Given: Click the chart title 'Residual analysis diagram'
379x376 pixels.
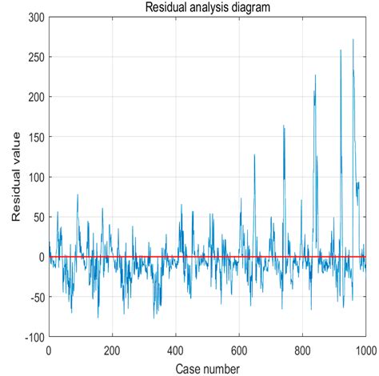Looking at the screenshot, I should tap(207, 7).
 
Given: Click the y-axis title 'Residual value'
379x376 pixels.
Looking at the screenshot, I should tap(17, 177).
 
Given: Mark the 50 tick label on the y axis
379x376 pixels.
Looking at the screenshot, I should tap(37, 217).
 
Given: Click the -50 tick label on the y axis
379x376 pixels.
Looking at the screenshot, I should tap(35, 297).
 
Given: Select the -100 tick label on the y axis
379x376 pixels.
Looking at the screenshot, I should tap(33, 337).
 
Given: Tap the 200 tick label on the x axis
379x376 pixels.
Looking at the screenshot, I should tap(112, 349).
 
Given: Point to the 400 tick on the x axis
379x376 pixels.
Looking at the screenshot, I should tap(176, 349).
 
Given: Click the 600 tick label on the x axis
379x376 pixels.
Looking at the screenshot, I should tap(239, 349).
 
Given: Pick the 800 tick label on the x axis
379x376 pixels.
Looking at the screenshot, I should tap(302, 349).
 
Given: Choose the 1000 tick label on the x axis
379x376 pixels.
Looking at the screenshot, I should tap(364, 349).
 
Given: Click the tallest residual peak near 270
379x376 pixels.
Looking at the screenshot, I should tap(353, 40).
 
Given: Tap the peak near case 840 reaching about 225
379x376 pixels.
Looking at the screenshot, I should tap(315, 76).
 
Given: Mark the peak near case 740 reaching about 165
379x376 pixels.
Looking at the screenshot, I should tap(283, 126).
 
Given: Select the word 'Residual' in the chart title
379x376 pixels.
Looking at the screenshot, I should tap(166, 7).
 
